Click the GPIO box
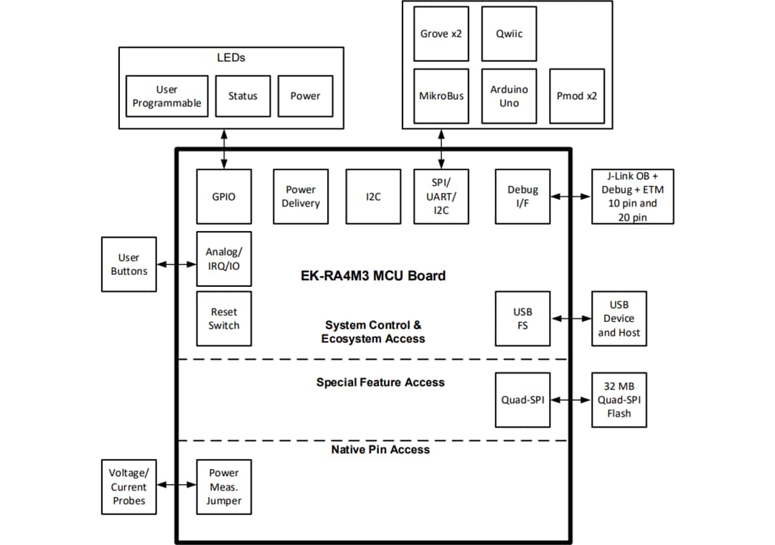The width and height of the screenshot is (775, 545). [x=224, y=196]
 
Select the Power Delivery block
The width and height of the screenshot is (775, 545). [x=301, y=196]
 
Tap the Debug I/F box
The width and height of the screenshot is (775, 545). [x=522, y=196]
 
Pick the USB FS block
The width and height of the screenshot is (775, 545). [x=522, y=318]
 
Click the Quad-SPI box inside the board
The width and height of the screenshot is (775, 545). [x=522, y=399]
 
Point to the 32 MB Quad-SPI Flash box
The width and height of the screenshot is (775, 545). [x=619, y=399]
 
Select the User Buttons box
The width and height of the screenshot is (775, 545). [x=129, y=264]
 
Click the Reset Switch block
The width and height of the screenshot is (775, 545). [x=224, y=318]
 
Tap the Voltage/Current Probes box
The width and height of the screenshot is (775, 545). [x=129, y=487]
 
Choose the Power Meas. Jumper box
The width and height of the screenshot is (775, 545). [x=224, y=487]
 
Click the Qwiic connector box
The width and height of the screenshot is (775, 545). [x=508, y=34]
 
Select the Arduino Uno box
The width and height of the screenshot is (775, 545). [x=508, y=96]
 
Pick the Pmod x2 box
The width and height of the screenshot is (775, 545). [x=576, y=96]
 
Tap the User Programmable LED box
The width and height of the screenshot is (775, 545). [x=166, y=96]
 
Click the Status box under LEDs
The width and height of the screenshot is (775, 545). [x=243, y=96]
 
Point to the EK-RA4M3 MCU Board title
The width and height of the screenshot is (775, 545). [x=372, y=275]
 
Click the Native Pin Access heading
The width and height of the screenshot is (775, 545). [x=380, y=450]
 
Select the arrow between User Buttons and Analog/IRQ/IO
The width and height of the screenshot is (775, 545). [x=177, y=264]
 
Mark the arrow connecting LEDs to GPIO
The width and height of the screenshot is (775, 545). [x=225, y=149]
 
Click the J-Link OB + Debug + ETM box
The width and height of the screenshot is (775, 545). [x=632, y=196]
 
